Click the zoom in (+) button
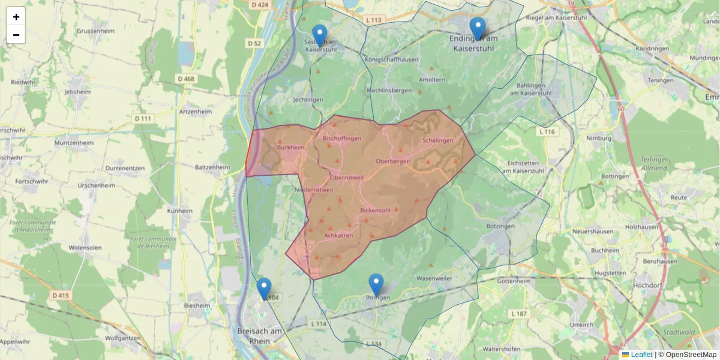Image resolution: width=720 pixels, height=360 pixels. coord(16,17)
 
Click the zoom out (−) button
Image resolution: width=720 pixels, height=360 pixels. coord(16,35)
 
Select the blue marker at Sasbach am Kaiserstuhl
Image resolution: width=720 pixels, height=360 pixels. coord(320,35)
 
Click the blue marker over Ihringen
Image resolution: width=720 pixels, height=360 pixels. coord(376,284)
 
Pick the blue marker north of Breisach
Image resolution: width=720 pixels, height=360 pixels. coord(264,289)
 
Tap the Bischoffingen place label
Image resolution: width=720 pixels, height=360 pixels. coord(342,139)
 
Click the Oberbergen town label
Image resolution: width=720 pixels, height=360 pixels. coord(392,161)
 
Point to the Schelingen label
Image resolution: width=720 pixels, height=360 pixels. coord(438,140)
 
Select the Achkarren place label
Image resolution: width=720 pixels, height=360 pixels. coord(338,236)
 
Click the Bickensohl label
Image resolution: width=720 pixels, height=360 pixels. coord(376,211)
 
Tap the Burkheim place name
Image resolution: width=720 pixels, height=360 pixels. coord(291,147)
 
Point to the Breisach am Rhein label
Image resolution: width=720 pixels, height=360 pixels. coord(260,335)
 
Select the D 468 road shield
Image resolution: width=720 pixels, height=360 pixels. coord(185,79)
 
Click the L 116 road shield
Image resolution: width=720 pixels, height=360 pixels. coord(547,131)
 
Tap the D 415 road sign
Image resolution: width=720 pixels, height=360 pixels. coord(61,295)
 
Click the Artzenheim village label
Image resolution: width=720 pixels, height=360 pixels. coord(196,112)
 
